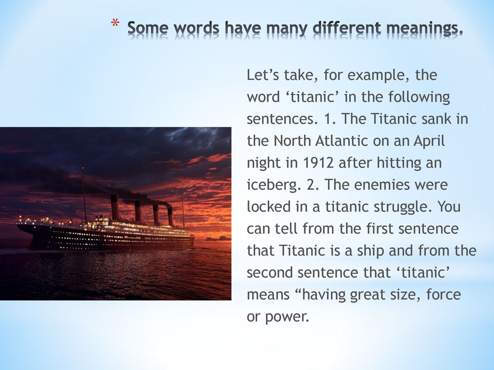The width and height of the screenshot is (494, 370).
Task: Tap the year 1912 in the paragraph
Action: pos(318,163)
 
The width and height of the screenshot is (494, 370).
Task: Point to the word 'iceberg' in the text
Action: pos(271,185)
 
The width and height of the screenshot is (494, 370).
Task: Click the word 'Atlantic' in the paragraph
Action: pos(342,141)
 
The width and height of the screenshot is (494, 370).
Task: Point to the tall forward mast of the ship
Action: pos(84,194)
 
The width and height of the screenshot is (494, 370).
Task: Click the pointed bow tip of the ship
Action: pos(17,224)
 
